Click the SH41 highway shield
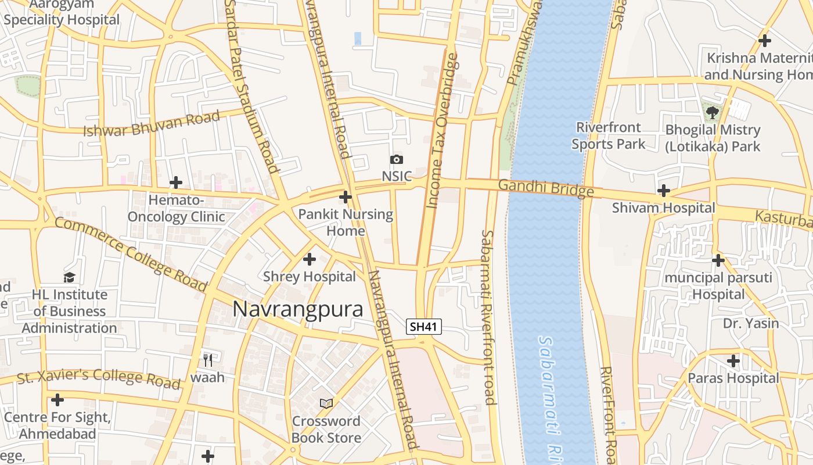pyautogui.click(x=423, y=327)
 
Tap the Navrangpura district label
pyautogui.click(x=298, y=309)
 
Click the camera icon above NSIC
pyautogui.click(x=397, y=159)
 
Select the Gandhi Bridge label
pyautogui.click(x=546, y=188)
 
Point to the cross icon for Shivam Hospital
pyautogui.click(x=663, y=190)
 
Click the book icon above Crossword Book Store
pyautogui.click(x=326, y=403)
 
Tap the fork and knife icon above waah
pyautogui.click(x=208, y=360)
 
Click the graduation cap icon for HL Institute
pyautogui.click(x=70, y=277)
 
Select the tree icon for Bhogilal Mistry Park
pyautogui.click(x=713, y=111)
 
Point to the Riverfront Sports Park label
pyautogui.click(x=608, y=135)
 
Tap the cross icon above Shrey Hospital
pyautogui.click(x=310, y=259)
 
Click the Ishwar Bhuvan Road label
pyautogui.click(x=152, y=123)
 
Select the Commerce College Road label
pyautogui.click(x=131, y=255)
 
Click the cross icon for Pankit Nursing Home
pyautogui.click(x=346, y=197)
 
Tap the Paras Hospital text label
pyautogui.click(x=733, y=378)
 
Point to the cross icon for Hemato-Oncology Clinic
pyautogui.click(x=176, y=183)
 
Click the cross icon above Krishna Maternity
pyautogui.click(x=765, y=41)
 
